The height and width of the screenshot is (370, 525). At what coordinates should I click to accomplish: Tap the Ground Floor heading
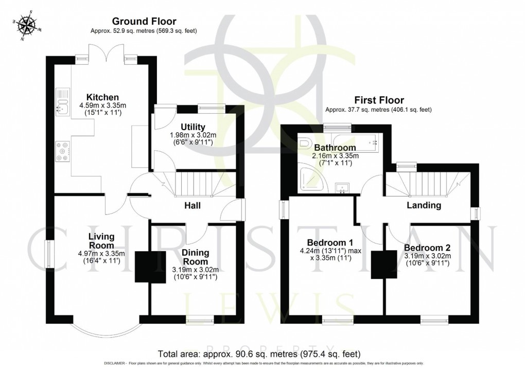[x=144, y=22]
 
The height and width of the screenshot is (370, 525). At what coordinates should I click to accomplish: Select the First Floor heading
[x=378, y=100]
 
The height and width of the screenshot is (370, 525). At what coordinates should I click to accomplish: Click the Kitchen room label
[x=102, y=97]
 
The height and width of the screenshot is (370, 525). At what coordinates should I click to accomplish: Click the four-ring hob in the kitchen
[x=63, y=151]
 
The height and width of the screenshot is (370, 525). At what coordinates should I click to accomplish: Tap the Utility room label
[x=193, y=127]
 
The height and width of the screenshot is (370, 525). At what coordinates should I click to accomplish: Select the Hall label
[x=192, y=205]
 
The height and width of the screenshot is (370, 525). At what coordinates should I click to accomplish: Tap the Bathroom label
[x=335, y=148]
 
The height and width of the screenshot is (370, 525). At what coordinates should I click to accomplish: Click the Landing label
[x=424, y=205]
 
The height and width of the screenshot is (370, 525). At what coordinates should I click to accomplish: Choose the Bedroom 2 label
[x=427, y=247]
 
